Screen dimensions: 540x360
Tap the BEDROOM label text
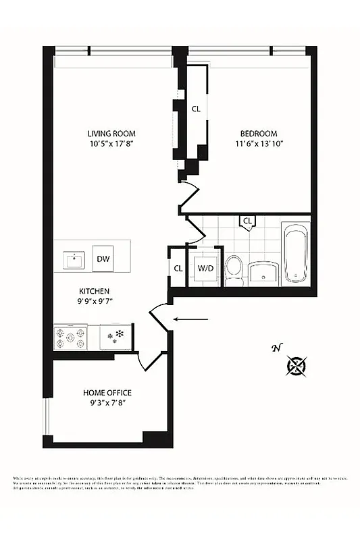[256, 133]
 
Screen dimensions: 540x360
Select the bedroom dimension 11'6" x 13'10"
[256, 144]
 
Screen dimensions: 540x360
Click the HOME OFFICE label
[107, 393]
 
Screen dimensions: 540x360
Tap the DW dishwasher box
[103, 259]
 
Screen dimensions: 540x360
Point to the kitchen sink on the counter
[72, 259]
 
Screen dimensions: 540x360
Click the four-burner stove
[71, 337]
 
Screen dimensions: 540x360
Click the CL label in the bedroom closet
[196, 108]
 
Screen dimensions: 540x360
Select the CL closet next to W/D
[178, 269]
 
